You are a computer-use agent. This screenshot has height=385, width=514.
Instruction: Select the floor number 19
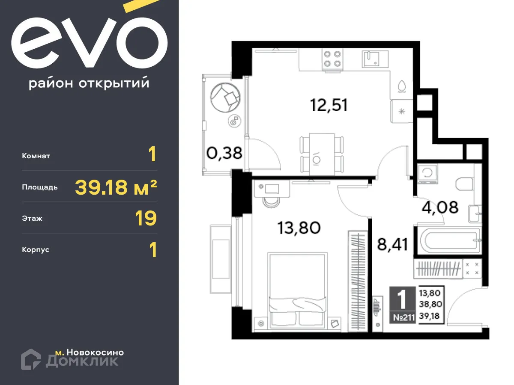[146, 218]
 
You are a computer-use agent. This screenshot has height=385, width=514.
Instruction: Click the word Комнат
[36, 156]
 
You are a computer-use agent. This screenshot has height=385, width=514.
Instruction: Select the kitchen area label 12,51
[329, 104]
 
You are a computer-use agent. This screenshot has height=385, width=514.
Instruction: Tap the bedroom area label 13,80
[299, 228]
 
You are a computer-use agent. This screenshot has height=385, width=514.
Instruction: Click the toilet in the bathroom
[464, 184]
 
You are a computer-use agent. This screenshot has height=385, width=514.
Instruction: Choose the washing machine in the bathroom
[427, 174]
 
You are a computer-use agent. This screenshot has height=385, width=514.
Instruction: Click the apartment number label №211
[403, 318]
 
